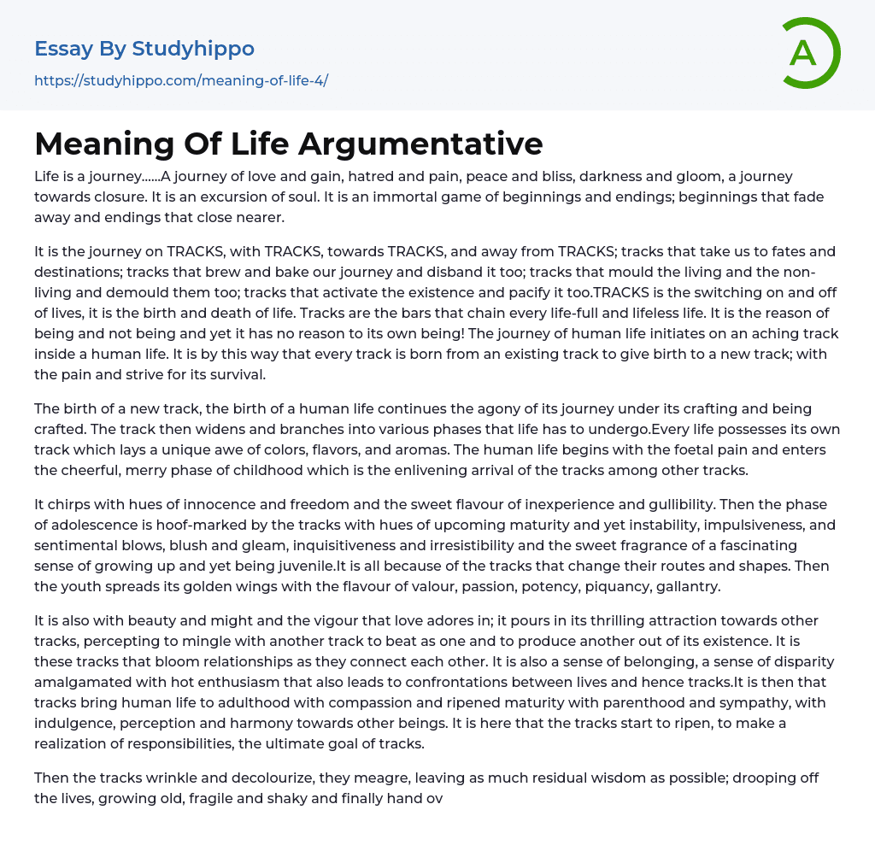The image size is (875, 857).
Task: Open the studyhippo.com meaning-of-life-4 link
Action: tap(181, 81)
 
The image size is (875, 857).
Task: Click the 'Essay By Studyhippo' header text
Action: tap(144, 49)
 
